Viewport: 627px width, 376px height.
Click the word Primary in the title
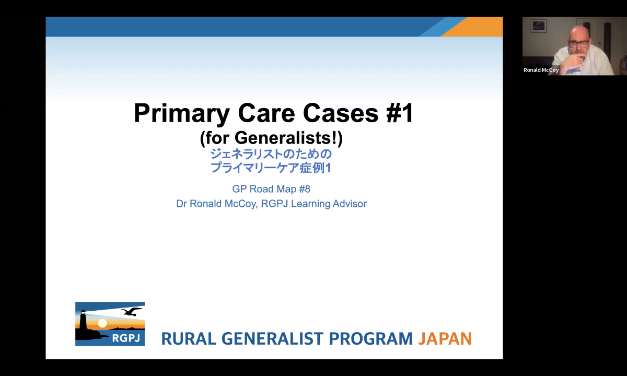[x=182, y=114]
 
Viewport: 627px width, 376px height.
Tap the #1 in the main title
[x=400, y=113]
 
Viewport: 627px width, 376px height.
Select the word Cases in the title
[x=341, y=113]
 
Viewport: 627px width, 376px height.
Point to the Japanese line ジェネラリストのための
[x=271, y=154]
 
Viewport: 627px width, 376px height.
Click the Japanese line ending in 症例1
[x=271, y=168]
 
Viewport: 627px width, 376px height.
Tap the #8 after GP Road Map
[x=305, y=189]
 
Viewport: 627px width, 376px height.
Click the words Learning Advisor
[x=329, y=204]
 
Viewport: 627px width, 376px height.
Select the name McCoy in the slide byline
[x=241, y=204]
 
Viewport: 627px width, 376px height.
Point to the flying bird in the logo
[x=131, y=311]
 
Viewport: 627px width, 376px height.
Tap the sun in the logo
[x=102, y=323]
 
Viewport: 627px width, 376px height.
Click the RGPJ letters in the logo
[x=126, y=338]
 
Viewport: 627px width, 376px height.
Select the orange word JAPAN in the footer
[x=445, y=338]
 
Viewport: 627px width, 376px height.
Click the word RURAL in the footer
[x=189, y=338]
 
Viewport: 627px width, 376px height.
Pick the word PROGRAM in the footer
[x=370, y=338]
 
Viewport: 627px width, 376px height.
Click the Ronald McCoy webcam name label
[x=541, y=70]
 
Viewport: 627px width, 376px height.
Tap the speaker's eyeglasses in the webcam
[x=579, y=43]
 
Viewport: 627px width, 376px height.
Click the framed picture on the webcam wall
[x=539, y=26]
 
